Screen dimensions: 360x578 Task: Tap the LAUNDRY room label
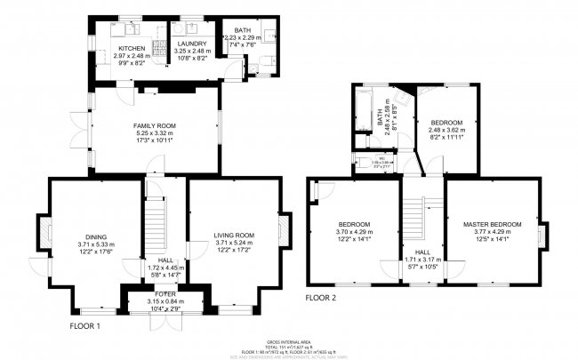191,44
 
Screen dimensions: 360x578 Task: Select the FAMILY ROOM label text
155,126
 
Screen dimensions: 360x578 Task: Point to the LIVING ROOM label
234,236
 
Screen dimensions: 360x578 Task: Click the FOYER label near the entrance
165,293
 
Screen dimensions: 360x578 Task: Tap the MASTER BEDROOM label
492,224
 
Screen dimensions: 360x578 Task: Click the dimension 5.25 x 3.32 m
155,134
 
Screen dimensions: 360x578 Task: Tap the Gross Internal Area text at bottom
288,341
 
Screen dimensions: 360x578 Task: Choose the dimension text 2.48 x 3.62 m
446,131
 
